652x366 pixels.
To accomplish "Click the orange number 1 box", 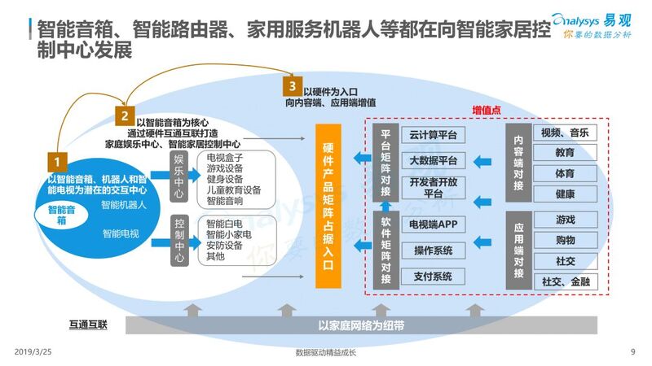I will click(57, 161).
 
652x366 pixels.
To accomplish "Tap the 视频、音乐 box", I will click(565, 133).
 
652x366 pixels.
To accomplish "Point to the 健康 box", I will click(565, 195).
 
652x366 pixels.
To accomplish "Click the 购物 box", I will click(565, 240).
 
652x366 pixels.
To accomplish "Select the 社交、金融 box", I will click(565, 281).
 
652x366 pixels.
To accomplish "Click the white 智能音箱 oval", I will click(57, 216).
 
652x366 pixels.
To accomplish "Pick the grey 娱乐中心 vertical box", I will click(179, 173).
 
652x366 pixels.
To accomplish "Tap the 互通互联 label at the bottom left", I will click(86, 325).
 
